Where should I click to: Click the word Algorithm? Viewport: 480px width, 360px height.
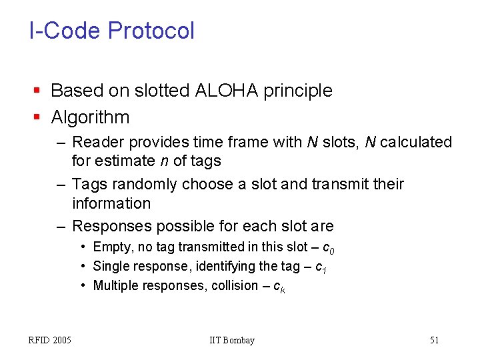pyautogui.click(x=90, y=118)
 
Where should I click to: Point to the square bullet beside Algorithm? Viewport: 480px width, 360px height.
pyautogui.click(x=37, y=118)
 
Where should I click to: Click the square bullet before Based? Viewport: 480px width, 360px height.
pyautogui.click(x=37, y=91)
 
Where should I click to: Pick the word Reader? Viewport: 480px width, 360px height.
pyautogui.click(x=95, y=143)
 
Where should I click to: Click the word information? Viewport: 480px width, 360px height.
pyautogui.click(x=111, y=203)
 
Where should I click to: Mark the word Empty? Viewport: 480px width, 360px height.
pyautogui.click(x=111, y=247)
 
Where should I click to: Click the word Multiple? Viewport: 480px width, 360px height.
pyautogui.click(x=115, y=286)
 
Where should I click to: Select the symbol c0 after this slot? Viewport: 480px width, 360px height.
pyautogui.click(x=328, y=249)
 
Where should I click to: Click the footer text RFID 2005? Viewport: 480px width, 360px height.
pyautogui.click(x=50, y=341)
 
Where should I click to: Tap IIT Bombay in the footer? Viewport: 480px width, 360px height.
pyautogui.click(x=232, y=341)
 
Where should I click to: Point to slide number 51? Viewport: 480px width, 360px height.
pyautogui.click(x=434, y=341)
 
